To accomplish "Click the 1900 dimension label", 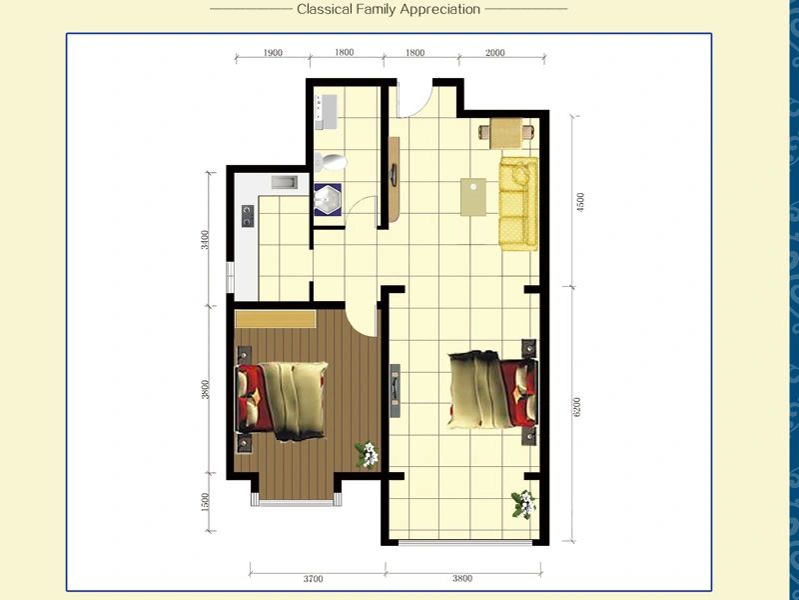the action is pos(273,53).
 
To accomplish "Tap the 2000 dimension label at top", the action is pos(494,53).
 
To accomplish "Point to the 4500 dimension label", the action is pos(580,202).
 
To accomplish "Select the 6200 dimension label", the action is pos(577,407).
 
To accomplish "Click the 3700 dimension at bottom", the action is pos(313,579).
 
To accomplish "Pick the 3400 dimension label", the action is pos(205,240).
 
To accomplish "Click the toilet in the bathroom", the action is pos(331,162).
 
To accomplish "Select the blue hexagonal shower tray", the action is pos(328,199).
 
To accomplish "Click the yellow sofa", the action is pos(518,204).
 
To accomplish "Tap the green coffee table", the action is pos(472,197).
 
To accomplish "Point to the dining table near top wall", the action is pos(506,133).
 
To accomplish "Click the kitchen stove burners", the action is pos(248,216).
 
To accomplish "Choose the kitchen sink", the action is pos(285,182).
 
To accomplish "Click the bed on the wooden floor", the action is pos(282,399).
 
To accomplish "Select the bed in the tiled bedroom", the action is pos(492,389).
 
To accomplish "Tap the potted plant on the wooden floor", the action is pos(368,454).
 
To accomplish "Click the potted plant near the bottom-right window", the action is pos(523,504).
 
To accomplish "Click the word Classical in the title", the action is pos(324,9).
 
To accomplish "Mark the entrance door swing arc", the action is pos(418,108).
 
